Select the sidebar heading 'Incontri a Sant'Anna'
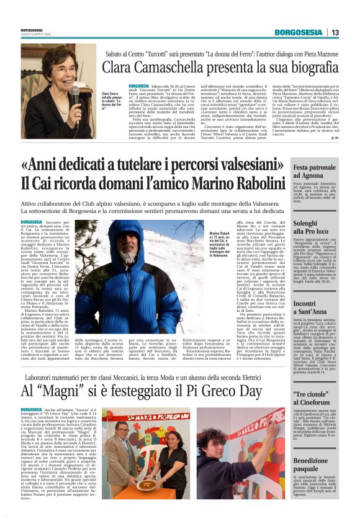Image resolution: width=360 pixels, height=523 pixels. click(297, 308)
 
